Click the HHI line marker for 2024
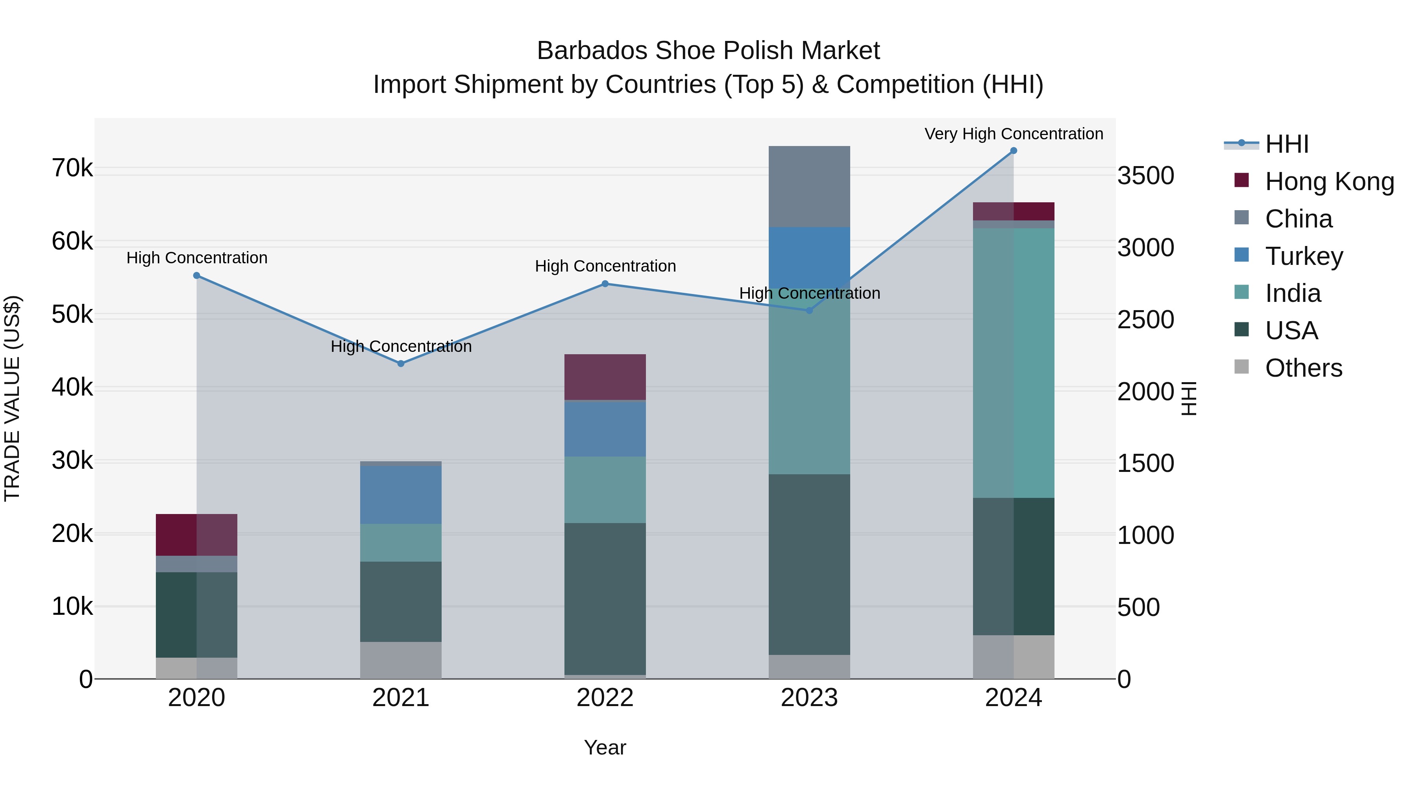[1013, 151]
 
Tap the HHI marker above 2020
[196, 276]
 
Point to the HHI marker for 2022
[605, 284]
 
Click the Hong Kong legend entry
[1329, 181]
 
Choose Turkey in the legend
[1304, 256]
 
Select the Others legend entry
[1303, 368]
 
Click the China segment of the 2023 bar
[809, 187]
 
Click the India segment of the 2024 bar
[1013, 363]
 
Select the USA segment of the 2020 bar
[196, 614]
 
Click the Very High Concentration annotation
[1013, 134]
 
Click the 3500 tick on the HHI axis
[1145, 176]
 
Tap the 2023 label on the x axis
[809, 698]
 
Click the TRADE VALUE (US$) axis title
[12, 398]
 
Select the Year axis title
[605, 747]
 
